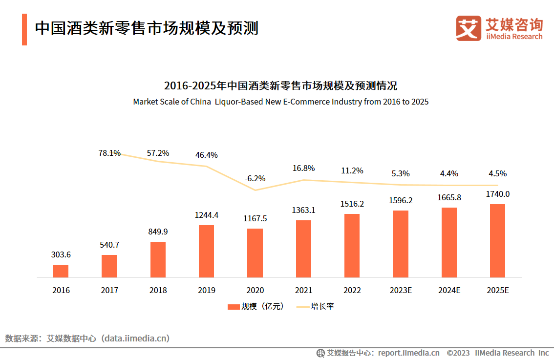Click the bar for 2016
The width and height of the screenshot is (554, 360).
(61, 271)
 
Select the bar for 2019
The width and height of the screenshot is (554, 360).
(206, 251)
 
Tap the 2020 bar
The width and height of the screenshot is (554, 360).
(255, 253)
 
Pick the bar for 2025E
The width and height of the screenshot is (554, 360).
(497, 241)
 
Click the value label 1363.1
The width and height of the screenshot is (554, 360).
(303, 211)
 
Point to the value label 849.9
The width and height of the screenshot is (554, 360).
(158, 232)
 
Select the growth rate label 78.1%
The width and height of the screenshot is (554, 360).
(109, 153)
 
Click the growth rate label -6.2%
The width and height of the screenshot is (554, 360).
(255, 178)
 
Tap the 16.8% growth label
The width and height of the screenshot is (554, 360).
(303, 168)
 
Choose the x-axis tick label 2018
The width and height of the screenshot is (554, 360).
(158, 290)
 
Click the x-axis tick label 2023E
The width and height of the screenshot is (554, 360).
(401, 290)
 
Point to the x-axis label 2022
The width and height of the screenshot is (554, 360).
(352, 290)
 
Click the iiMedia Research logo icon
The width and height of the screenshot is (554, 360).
(469, 28)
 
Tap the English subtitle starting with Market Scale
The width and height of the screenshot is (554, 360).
(280, 102)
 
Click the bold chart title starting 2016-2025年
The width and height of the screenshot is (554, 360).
(280, 86)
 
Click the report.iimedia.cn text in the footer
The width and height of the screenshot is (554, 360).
(408, 353)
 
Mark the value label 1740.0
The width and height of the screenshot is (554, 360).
(497, 194)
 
